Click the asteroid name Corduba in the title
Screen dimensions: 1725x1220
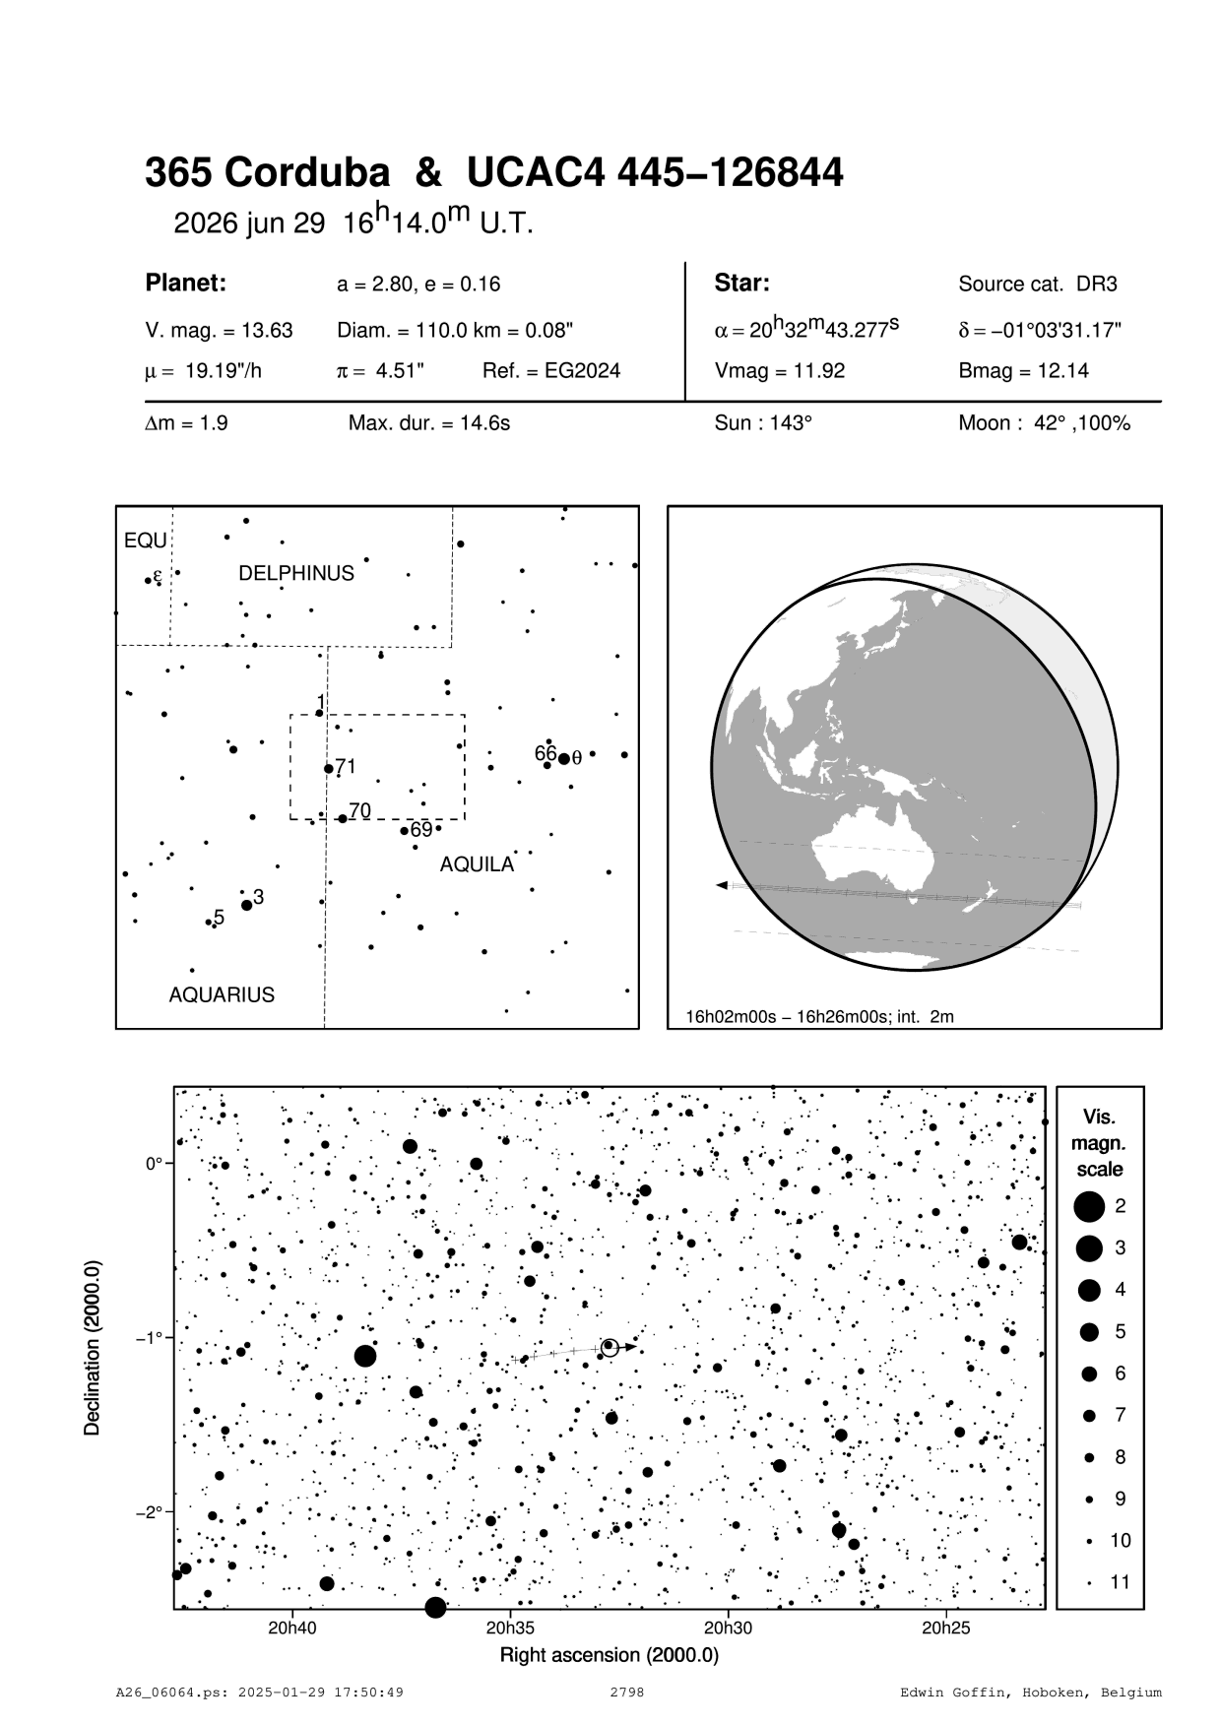pyautogui.click(x=307, y=173)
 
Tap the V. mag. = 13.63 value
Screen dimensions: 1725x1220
pyautogui.click(x=219, y=331)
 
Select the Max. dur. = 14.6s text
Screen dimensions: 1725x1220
pyautogui.click(x=428, y=424)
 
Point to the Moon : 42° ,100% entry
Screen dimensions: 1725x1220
pyautogui.click(x=1044, y=424)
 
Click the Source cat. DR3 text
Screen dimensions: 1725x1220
pyautogui.click(x=1038, y=285)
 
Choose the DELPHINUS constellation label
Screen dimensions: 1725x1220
pyautogui.click(x=296, y=574)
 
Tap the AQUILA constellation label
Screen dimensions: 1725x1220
pyautogui.click(x=477, y=864)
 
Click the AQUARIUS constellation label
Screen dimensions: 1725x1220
pyautogui.click(x=222, y=995)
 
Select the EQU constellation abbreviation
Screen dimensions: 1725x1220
pyautogui.click(x=146, y=542)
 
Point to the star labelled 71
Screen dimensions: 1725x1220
pyautogui.click(x=329, y=768)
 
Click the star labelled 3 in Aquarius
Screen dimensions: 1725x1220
pyautogui.click(x=247, y=905)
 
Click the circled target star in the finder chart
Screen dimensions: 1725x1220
pyautogui.click(x=610, y=1346)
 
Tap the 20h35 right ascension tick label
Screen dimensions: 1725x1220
pyautogui.click(x=510, y=1628)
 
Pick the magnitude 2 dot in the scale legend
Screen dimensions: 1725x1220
pyautogui.click(x=1088, y=1205)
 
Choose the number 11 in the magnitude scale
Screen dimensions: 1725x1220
pyautogui.click(x=1121, y=1582)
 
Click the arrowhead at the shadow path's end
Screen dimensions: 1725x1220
pyautogui.click(x=723, y=886)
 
